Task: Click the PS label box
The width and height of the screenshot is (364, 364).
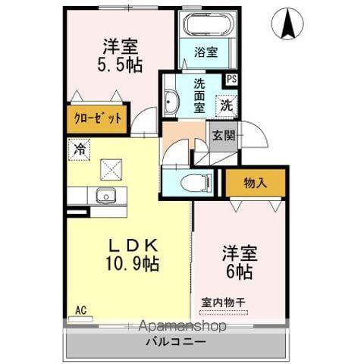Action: tap(231, 78)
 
